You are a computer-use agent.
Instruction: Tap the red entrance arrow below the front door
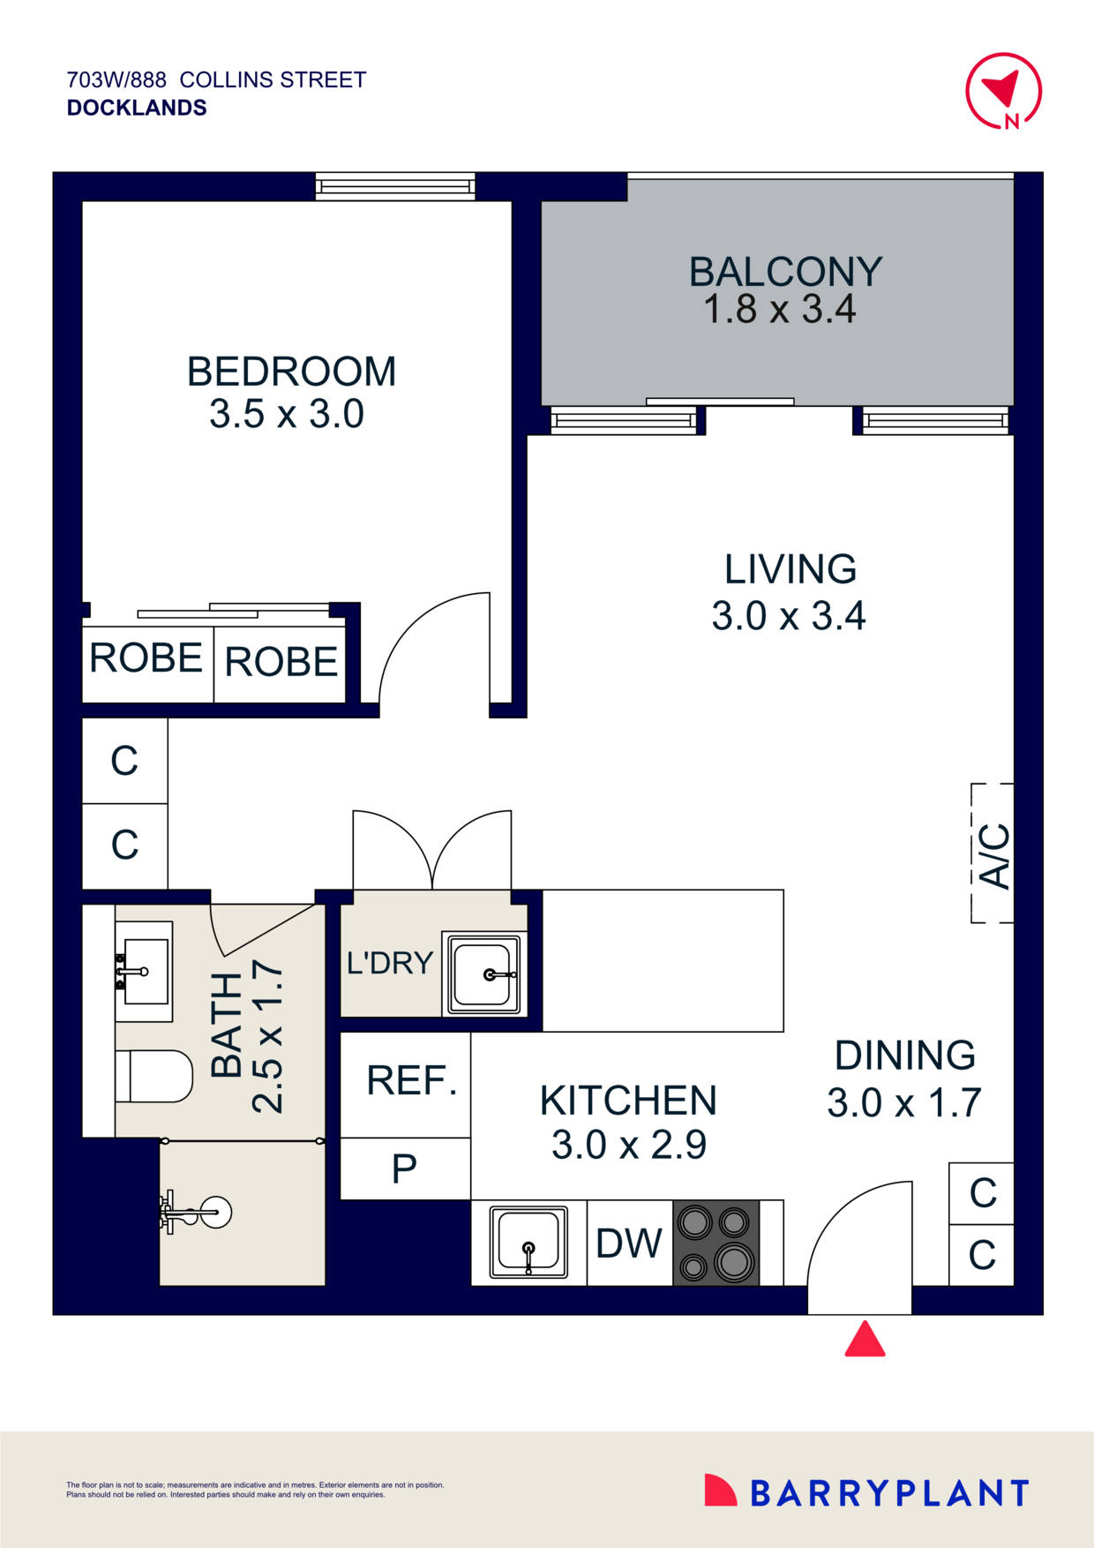pos(865,1340)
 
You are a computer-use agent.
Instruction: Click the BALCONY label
pos(785,272)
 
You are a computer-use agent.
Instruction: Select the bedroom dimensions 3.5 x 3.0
pos(287,414)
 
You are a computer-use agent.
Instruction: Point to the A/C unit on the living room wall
pos(993,853)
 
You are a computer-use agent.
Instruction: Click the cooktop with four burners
pos(716,1243)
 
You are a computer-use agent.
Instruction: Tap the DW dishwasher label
pos(628,1244)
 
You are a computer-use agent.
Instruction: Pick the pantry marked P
pos(404,1169)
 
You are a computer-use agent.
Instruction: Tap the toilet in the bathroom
pos(155,1076)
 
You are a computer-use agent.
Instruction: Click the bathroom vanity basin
pos(144,972)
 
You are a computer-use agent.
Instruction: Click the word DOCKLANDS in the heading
pos(137,108)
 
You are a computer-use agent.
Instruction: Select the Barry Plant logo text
pos(888,1493)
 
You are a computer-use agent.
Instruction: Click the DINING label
pos(904,1056)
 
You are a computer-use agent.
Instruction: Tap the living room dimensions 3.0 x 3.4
pos(789,616)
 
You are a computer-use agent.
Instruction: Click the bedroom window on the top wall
pos(395,186)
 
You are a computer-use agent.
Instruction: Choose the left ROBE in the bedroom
pos(146,658)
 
